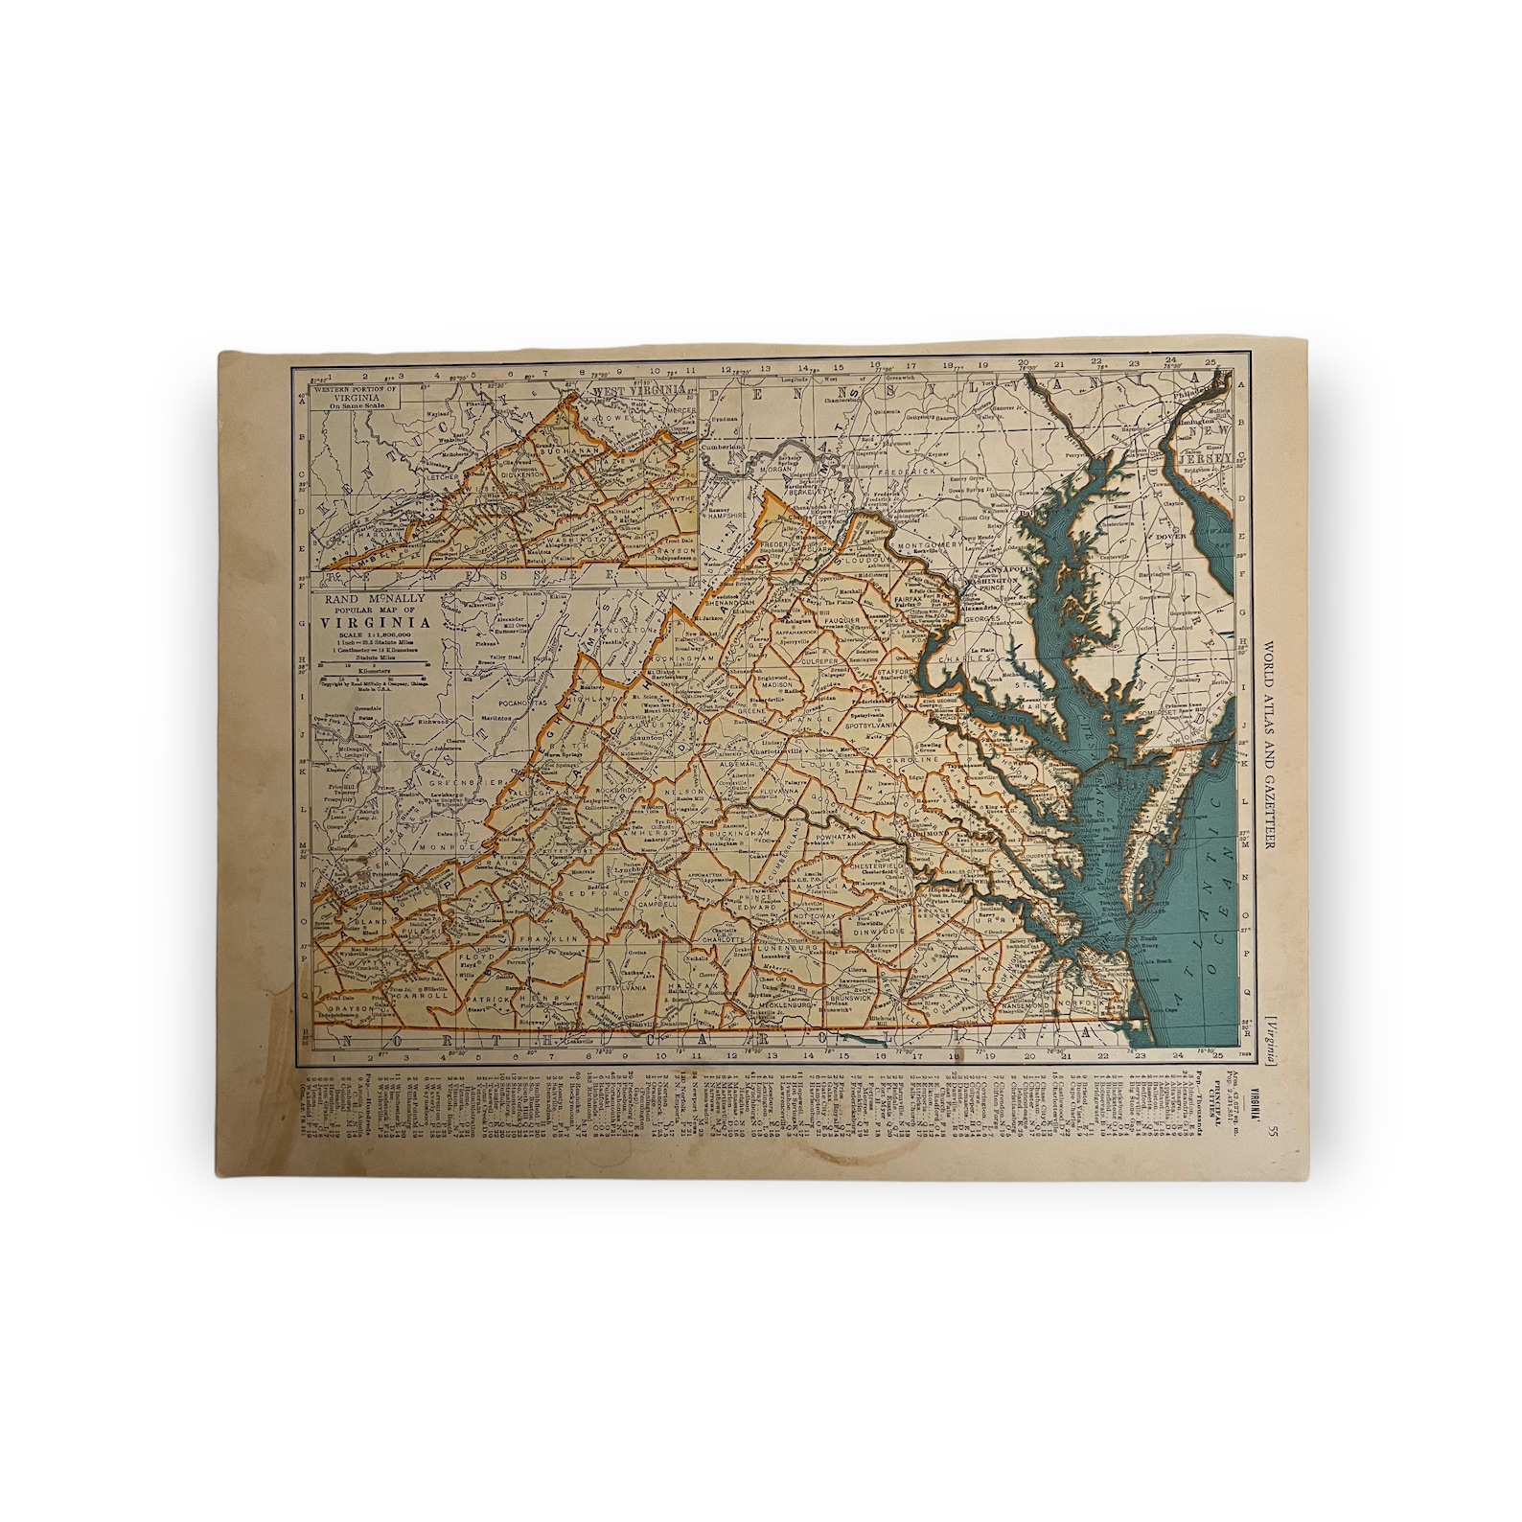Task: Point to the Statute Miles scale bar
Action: click(375, 660)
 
